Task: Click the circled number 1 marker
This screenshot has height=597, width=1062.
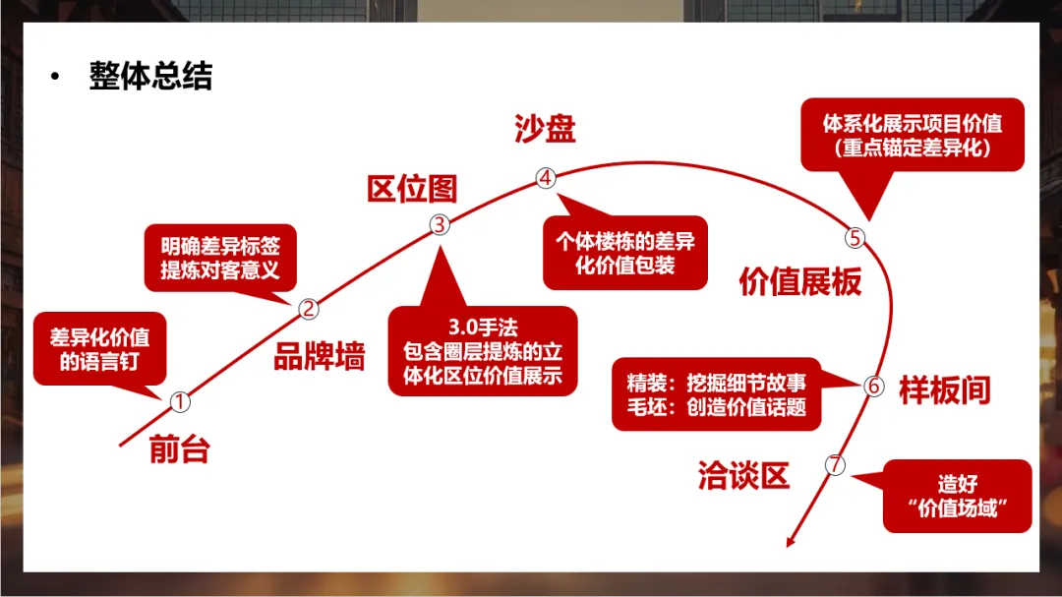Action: [x=179, y=401]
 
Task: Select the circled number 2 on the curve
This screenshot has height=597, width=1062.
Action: [x=309, y=309]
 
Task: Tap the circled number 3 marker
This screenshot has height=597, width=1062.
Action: [x=440, y=224]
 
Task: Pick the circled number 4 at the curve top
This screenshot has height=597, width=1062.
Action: [x=546, y=177]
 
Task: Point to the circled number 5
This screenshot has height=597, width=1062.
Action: [x=855, y=237]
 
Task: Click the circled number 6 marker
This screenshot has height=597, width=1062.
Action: [x=874, y=387]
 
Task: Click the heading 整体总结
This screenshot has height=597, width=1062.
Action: [x=149, y=77]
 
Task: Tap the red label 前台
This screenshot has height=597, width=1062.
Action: [x=180, y=448]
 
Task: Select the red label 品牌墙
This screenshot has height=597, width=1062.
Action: [x=319, y=358]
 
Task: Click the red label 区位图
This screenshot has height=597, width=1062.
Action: [x=412, y=190]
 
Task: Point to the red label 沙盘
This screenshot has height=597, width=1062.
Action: [x=544, y=130]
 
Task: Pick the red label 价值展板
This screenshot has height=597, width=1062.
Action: [x=800, y=282]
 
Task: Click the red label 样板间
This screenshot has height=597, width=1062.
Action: [x=944, y=389]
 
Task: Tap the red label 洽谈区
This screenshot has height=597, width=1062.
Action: [x=743, y=478]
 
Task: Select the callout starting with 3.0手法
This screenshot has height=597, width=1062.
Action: [x=482, y=350]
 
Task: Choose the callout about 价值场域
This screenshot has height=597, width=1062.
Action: [x=957, y=497]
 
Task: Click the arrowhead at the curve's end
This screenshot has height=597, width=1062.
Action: [x=791, y=539]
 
